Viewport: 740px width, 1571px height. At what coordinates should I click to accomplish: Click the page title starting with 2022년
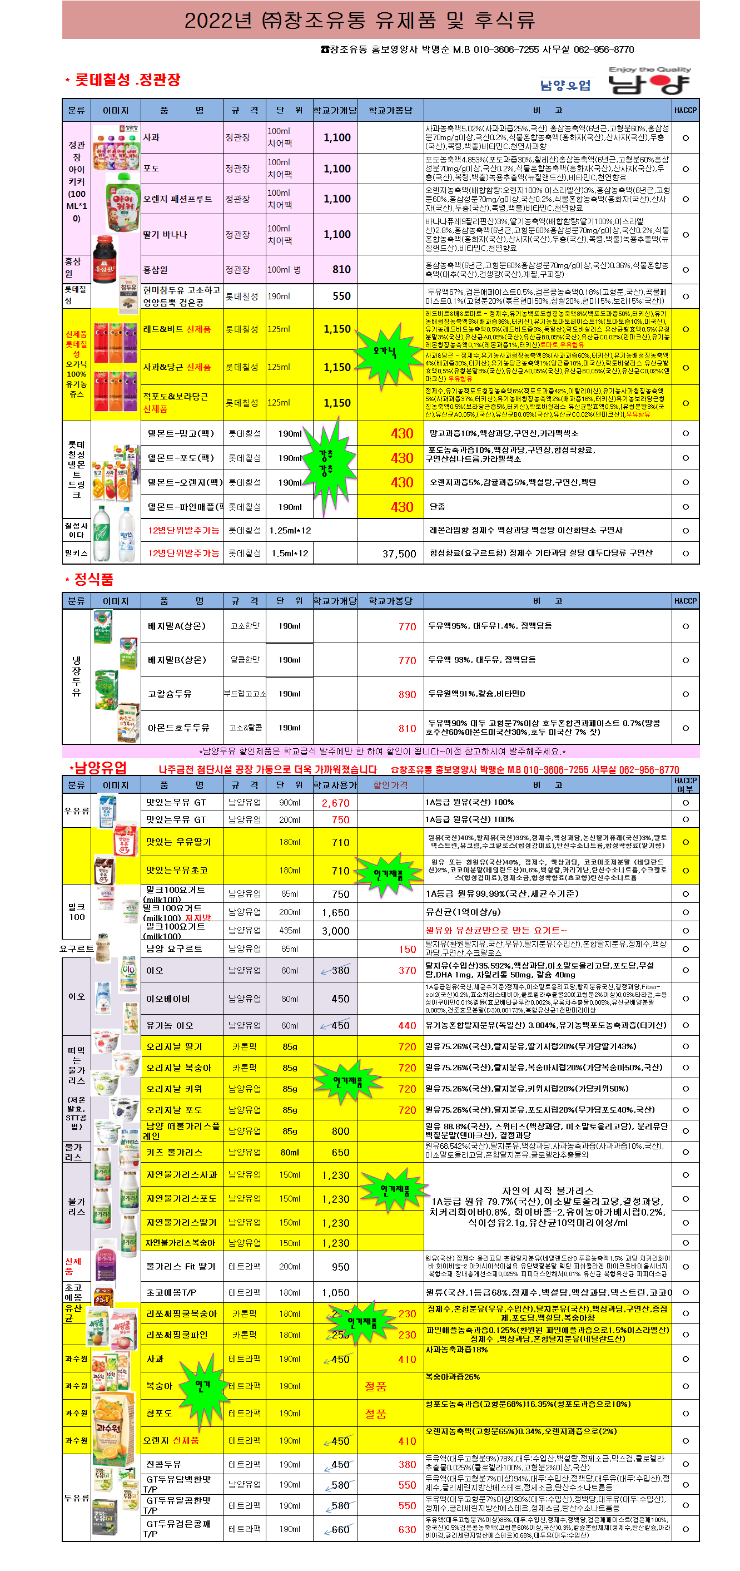click(360, 21)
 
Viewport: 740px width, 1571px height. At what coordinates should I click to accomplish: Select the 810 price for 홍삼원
click(341, 270)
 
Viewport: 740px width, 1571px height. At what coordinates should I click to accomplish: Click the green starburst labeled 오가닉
click(385, 352)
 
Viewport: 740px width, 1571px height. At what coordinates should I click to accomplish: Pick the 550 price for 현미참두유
click(341, 297)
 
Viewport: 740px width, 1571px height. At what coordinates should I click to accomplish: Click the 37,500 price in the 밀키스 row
click(399, 554)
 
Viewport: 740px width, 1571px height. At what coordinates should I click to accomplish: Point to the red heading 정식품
click(93, 579)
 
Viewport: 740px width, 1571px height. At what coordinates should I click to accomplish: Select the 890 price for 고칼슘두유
click(407, 695)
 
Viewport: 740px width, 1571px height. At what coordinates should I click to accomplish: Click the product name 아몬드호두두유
click(178, 728)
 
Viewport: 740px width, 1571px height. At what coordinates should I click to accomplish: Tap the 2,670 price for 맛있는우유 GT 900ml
click(335, 803)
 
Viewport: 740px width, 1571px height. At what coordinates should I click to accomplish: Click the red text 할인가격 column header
click(390, 785)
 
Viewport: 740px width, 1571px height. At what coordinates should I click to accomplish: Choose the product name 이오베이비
click(168, 999)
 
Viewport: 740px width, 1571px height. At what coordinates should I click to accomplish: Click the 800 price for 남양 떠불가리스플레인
click(340, 1132)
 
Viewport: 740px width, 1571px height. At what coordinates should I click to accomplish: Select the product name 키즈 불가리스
click(173, 1152)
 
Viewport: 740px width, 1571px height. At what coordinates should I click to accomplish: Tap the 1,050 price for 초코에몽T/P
click(336, 1293)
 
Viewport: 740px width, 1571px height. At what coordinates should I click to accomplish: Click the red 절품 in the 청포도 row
click(375, 1413)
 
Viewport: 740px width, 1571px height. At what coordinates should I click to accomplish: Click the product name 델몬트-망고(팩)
click(181, 433)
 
